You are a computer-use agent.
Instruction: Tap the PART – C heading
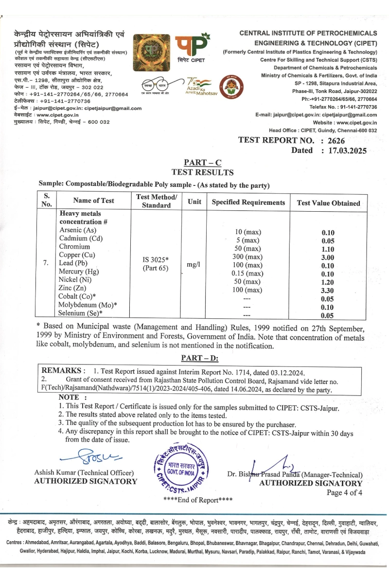202,163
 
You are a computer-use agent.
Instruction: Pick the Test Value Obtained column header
328,203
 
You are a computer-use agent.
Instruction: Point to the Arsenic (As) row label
78,230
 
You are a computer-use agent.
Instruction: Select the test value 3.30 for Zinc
328,291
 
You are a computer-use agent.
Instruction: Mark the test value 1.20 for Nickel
328,282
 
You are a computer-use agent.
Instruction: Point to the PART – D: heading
200,358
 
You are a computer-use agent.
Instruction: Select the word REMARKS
64,370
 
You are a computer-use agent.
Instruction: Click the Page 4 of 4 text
344,493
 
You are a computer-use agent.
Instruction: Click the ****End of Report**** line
198,500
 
